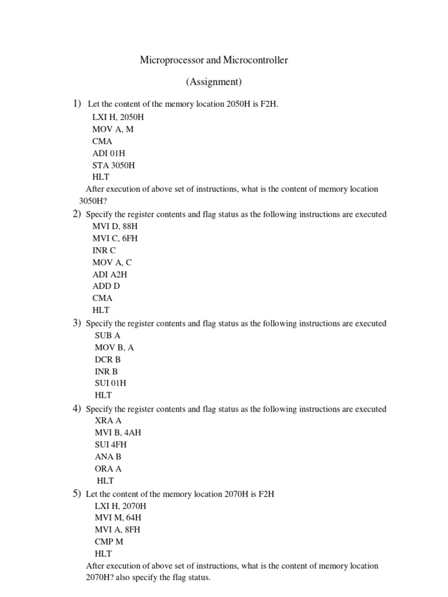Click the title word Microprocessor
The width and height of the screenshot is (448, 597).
pyautogui.click(x=168, y=60)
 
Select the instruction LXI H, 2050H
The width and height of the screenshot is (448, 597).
pyautogui.click(x=118, y=117)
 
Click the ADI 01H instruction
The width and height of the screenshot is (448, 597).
pyautogui.click(x=109, y=153)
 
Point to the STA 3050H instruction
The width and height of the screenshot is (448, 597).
pyautogui.click(x=114, y=165)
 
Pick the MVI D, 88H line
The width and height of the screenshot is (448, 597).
pyautogui.click(x=116, y=226)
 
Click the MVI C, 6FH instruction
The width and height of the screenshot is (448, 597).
pyautogui.click(x=115, y=238)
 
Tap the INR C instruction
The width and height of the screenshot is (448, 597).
pyautogui.click(x=104, y=250)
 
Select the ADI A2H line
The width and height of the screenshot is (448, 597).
pyautogui.click(x=110, y=274)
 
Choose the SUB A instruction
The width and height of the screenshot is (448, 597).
pyautogui.click(x=108, y=335)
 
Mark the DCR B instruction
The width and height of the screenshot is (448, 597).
pyautogui.click(x=108, y=360)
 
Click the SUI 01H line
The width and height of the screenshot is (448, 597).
pyautogui.click(x=111, y=383)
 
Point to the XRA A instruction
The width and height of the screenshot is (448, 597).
pyautogui.click(x=108, y=420)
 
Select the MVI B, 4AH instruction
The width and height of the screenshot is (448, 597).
pyautogui.click(x=118, y=433)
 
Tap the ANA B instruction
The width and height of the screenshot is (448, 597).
pyautogui.click(x=108, y=457)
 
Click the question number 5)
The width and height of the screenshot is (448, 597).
pyautogui.click(x=76, y=494)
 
